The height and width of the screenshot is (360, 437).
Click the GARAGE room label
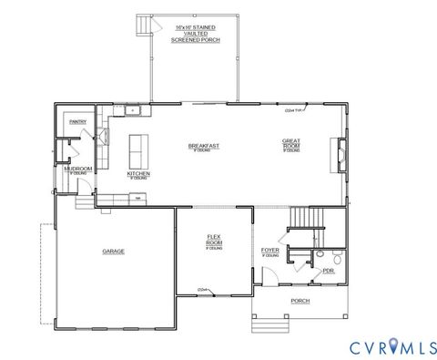114,252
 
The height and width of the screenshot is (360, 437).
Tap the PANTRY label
77,121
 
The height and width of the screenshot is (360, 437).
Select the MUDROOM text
77,169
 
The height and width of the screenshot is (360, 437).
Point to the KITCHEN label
138,173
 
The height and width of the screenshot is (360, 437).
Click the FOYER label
269,250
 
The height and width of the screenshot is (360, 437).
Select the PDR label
329,272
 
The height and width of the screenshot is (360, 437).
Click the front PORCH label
300,301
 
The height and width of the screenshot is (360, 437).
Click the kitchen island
139,148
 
